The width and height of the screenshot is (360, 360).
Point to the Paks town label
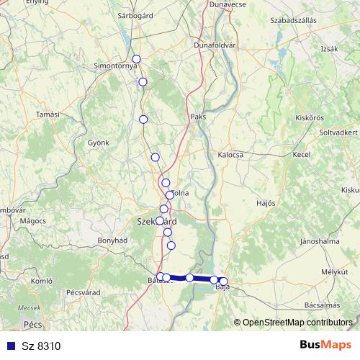tap(199, 117)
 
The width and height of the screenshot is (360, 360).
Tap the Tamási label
tap(48, 114)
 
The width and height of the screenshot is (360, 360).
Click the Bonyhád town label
tap(113, 240)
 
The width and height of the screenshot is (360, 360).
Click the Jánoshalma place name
tap(320, 240)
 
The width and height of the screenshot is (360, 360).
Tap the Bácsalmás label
tap(321, 305)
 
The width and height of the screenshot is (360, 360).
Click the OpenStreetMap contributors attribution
tap(297, 323)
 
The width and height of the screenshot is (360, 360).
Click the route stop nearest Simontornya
tap(135, 59)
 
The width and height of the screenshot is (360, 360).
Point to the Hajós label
tap(266, 203)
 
